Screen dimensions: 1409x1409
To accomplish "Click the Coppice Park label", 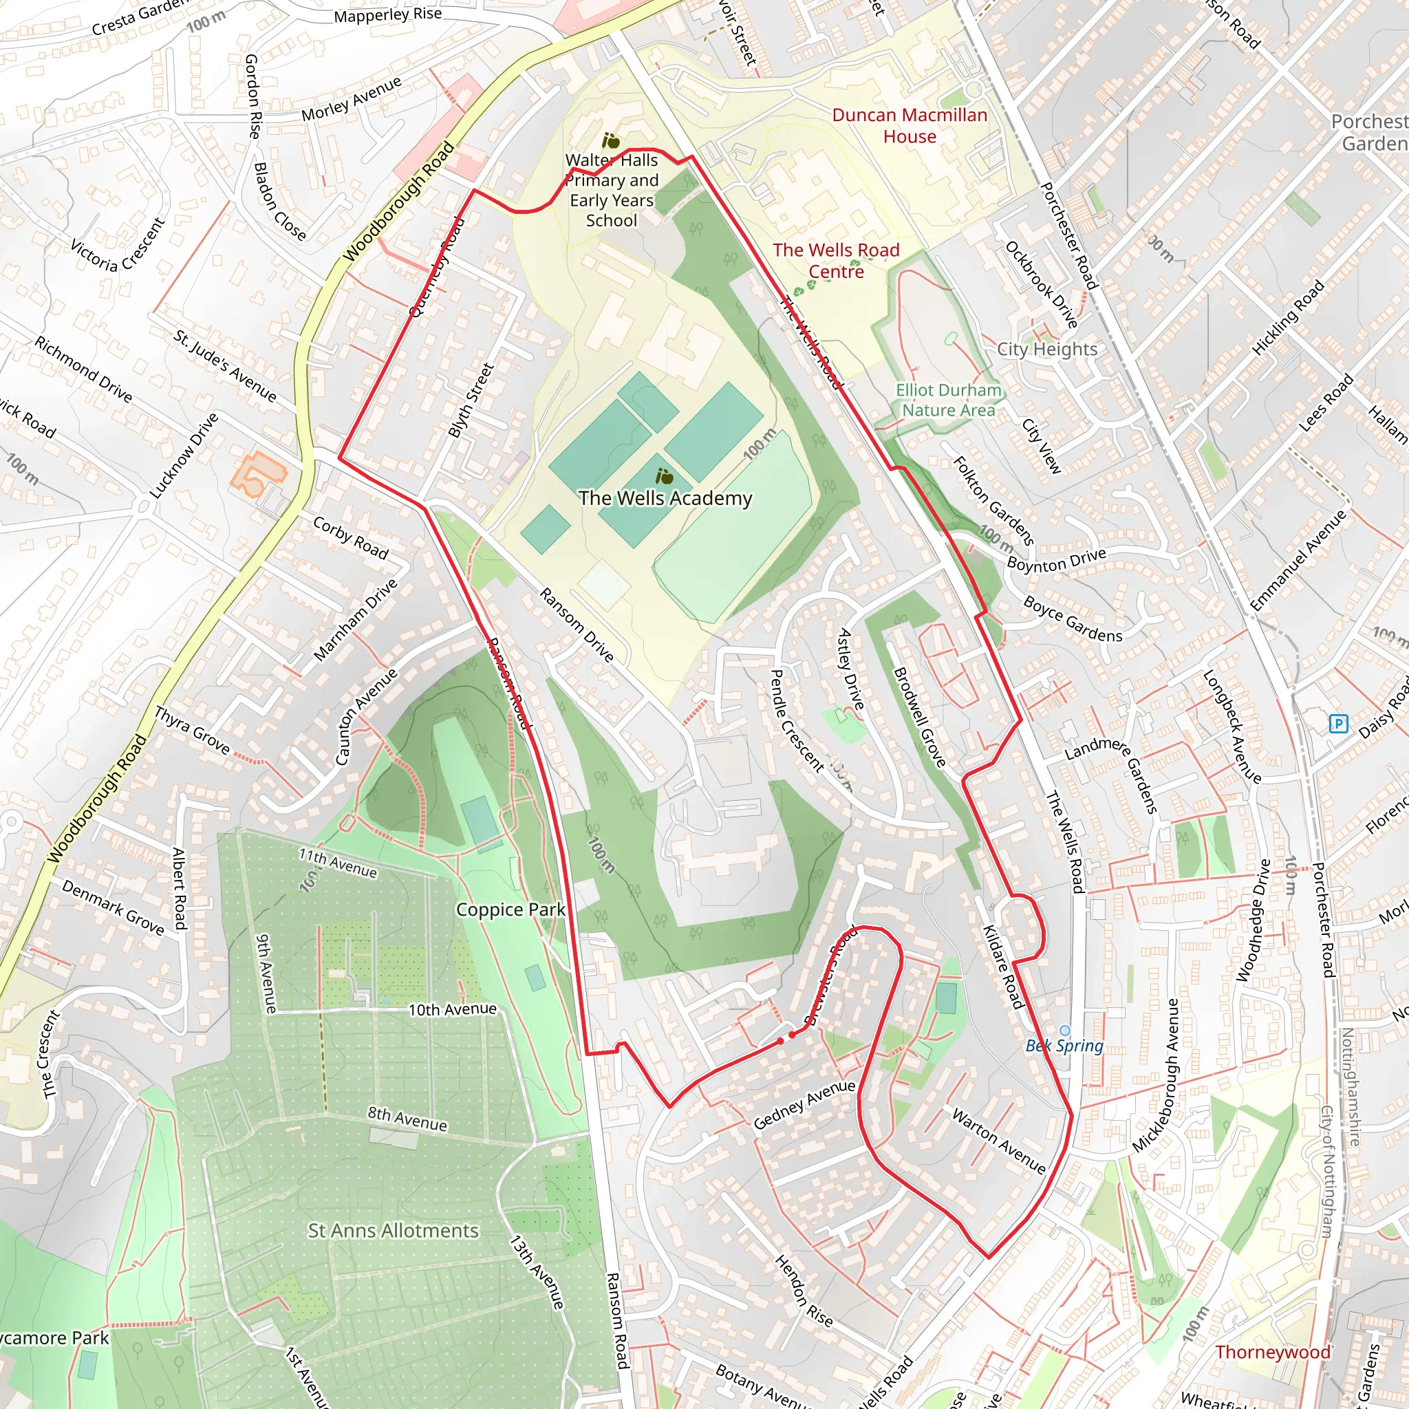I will [x=510, y=910].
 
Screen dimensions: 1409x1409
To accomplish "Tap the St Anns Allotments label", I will [x=393, y=1231].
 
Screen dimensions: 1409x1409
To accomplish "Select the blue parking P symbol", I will [x=1338, y=724].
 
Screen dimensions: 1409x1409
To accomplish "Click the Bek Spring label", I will [x=1064, y=1045].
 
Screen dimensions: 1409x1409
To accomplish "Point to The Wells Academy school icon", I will [x=664, y=477].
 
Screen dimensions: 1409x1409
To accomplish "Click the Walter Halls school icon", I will [x=610, y=141].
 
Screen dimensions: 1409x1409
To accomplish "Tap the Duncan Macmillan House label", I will [x=910, y=125].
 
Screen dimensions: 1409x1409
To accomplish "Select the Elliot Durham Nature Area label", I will [x=948, y=400].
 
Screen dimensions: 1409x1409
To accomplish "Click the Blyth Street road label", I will [x=471, y=400].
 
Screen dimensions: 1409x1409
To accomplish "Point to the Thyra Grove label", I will [x=192, y=730].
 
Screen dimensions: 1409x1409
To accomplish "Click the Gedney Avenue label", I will [x=804, y=1104].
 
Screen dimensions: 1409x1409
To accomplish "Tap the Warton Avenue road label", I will [x=998, y=1141].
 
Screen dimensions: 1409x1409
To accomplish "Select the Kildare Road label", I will [x=1004, y=967].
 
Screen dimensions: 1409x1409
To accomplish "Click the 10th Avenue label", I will [x=452, y=1009].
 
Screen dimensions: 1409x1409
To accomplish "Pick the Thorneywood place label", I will [x=1273, y=1352].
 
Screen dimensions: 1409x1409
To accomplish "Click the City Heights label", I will [x=1046, y=349].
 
